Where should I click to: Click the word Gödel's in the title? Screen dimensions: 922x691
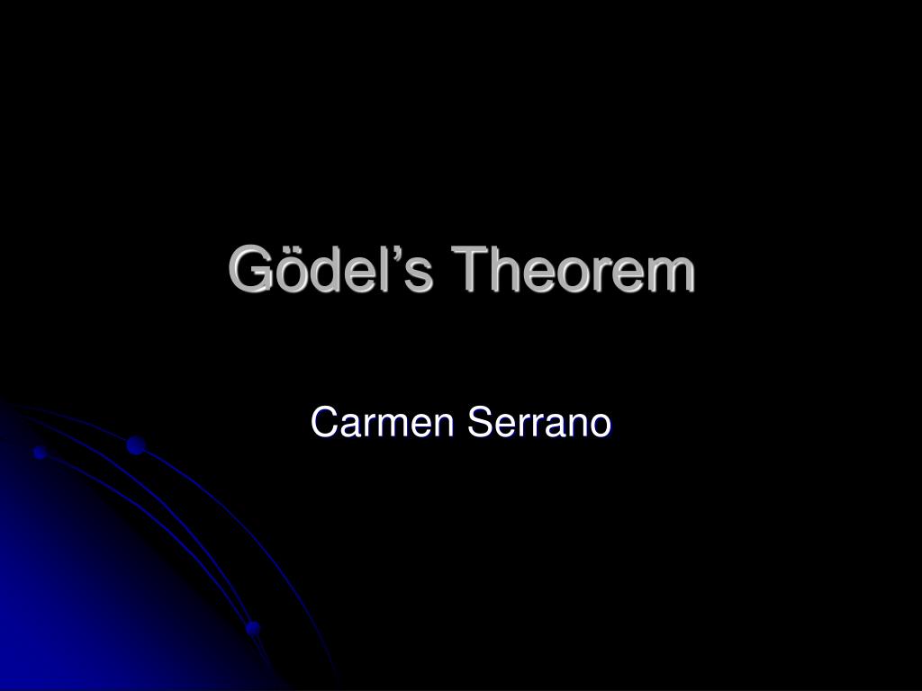tap(330, 268)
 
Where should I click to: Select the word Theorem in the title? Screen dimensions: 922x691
tap(573, 268)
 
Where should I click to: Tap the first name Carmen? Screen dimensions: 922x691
tap(382, 422)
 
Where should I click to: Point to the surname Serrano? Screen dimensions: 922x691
tap(539, 422)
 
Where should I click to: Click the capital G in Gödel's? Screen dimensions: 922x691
tap(251, 268)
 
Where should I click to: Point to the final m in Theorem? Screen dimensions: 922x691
tap(670, 274)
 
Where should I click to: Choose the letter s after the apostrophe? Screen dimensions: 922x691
tap(419, 274)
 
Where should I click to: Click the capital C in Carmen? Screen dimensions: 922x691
tap(323, 422)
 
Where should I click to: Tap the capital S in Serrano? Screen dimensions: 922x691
tap(479, 422)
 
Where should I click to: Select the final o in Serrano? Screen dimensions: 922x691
tap(601, 427)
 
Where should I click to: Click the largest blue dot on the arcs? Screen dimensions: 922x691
tap(136, 445)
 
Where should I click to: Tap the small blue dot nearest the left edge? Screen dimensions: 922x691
tap(40, 453)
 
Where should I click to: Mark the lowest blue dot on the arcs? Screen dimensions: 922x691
tap(253, 628)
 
